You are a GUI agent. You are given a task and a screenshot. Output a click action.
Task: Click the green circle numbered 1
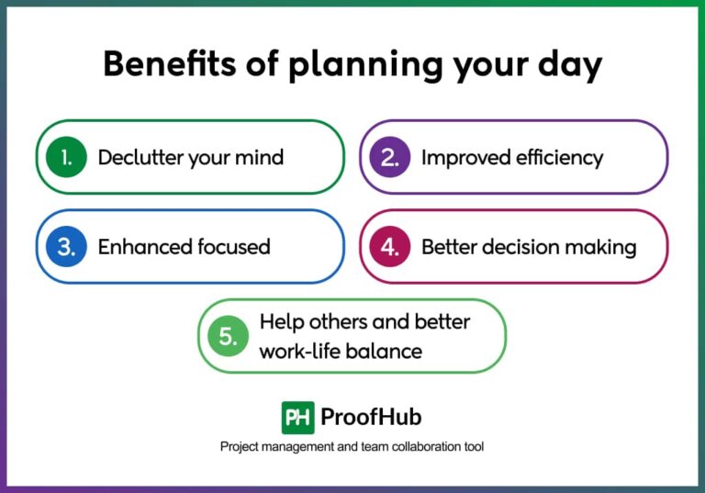tap(66, 157)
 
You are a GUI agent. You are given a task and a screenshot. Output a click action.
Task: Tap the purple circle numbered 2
tap(389, 157)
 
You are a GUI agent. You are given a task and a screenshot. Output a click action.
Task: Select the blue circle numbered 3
tap(66, 246)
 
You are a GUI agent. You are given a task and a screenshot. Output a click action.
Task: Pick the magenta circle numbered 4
tap(389, 246)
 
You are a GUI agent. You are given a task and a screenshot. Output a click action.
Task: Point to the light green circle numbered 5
tap(228, 336)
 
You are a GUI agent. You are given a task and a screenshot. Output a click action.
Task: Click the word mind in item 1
tap(260, 157)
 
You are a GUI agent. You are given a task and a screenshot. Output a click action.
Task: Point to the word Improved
tap(460, 158)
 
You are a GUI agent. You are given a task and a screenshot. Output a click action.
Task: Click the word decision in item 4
tap(523, 246)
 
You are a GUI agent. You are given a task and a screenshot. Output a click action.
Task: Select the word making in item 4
tap(607, 247)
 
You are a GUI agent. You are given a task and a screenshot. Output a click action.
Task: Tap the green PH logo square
tap(297, 418)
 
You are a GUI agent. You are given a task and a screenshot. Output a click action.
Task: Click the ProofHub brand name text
tap(371, 418)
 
